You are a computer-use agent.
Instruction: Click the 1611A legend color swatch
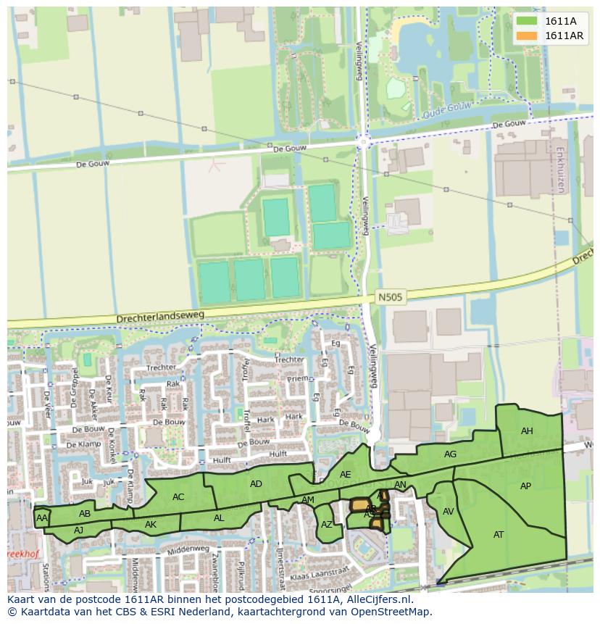point(527,21)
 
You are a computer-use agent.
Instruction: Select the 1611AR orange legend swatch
point(527,36)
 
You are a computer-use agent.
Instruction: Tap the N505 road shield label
point(389,297)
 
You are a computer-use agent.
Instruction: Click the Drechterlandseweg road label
point(160,317)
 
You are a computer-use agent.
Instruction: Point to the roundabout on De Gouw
point(364,142)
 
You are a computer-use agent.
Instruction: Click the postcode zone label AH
point(527,431)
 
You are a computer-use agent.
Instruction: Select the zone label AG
point(450,454)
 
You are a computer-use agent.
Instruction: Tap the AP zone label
point(525,486)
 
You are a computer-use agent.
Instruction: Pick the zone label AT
point(499,535)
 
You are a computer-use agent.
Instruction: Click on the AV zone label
point(448,512)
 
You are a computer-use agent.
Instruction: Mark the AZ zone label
point(327,525)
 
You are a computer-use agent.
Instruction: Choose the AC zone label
point(178,497)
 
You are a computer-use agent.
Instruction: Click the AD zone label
point(256,484)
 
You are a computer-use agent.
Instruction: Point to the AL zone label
point(219,518)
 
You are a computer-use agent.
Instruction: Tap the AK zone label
point(151,525)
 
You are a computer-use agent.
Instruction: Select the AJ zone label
point(79,530)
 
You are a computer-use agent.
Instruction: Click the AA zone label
point(42,518)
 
